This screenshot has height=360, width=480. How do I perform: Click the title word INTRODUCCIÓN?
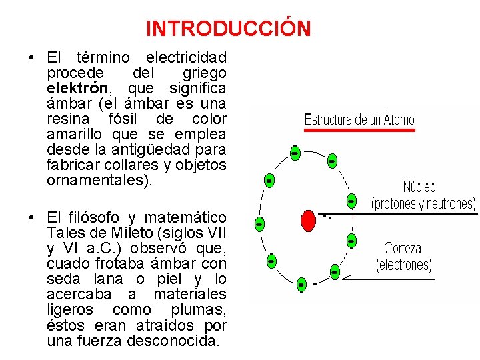point(228,29)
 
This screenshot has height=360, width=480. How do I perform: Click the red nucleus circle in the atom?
point(308,220)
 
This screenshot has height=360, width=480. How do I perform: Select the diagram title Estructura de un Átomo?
point(359,121)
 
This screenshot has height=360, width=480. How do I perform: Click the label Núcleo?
point(419,187)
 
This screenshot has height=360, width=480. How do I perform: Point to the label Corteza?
point(403,249)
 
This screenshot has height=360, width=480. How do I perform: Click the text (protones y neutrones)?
point(423,203)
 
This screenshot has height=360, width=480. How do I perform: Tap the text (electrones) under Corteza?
point(404,265)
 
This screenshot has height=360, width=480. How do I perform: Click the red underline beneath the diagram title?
point(359,131)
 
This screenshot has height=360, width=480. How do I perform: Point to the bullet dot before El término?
point(32,57)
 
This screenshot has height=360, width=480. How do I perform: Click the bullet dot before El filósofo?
point(32,217)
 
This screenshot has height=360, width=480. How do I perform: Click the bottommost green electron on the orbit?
point(301,285)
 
